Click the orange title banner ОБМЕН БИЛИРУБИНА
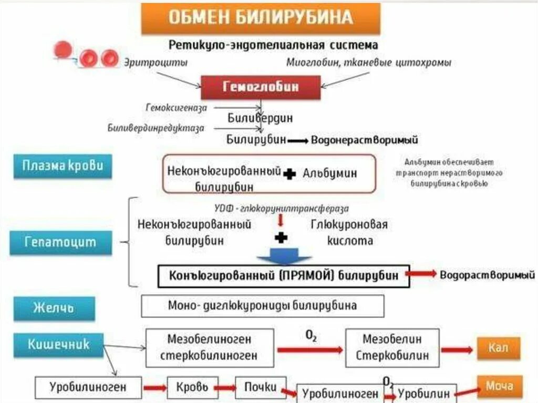coord(260,18)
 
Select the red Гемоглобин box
coord(261,87)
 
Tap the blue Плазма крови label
coord(63,166)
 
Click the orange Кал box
coord(498,348)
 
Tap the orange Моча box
coord(499,386)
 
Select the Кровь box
coord(188,388)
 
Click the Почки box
coord(260,387)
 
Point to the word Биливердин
coord(260,118)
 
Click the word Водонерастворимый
coord(365,140)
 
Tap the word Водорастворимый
coord(487,275)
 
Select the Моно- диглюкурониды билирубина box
coord(262,305)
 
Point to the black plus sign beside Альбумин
coord(289,174)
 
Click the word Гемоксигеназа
coord(176,107)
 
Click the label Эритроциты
coord(148,63)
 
